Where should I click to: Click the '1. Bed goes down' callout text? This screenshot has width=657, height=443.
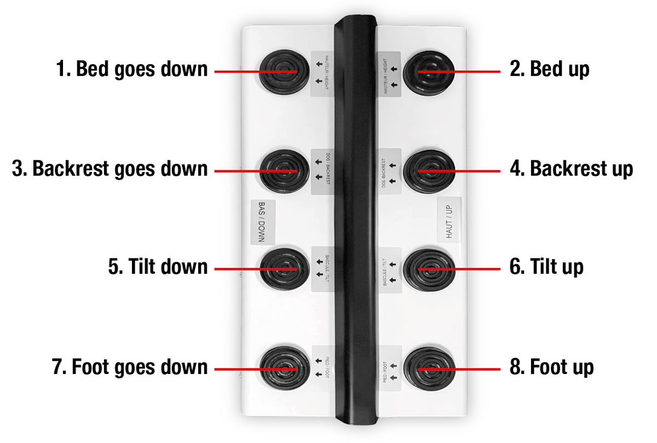[x=132, y=69]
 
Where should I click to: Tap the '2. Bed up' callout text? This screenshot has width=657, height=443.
[x=549, y=69]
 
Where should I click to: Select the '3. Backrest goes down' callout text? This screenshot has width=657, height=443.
[x=109, y=169]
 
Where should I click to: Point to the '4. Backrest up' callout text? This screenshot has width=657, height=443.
[x=572, y=169]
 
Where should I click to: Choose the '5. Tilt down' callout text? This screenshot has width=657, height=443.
[x=158, y=267]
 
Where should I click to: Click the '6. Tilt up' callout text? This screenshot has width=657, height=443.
[x=546, y=267]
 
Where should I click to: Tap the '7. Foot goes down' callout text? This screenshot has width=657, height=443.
[x=130, y=367]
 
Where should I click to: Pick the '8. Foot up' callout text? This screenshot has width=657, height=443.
[x=552, y=367]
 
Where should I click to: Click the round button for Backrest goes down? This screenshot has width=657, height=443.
[x=284, y=171]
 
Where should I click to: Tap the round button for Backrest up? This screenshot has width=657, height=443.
[x=429, y=171]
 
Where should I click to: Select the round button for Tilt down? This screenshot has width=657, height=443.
[x=285, y=269]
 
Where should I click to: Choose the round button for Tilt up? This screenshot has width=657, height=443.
[x=429, y=270]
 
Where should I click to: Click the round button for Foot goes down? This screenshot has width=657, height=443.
[x=285, y=369]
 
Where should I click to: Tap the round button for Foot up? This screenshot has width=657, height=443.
[x=429, y=369]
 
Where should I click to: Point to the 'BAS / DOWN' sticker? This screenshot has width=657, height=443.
[x=262, y=222]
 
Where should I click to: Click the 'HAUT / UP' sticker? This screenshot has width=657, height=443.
[x=449, y=220]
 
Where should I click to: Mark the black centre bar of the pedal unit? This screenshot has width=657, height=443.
[x=355, y=220]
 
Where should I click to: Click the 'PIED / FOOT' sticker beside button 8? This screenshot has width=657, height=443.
[x=390, y=368]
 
